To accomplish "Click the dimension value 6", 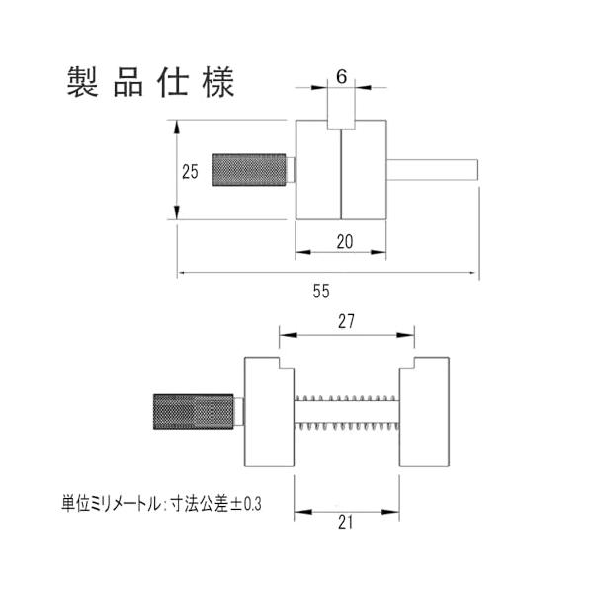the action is (x=340, y=76).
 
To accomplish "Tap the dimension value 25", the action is (x=192, y=170).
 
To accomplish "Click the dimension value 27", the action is (x=346, y=320).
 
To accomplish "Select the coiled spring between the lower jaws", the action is (x=348, y=410).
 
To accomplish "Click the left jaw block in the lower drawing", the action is (x=268, y=410).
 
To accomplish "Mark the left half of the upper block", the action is (x=318, y=170).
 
